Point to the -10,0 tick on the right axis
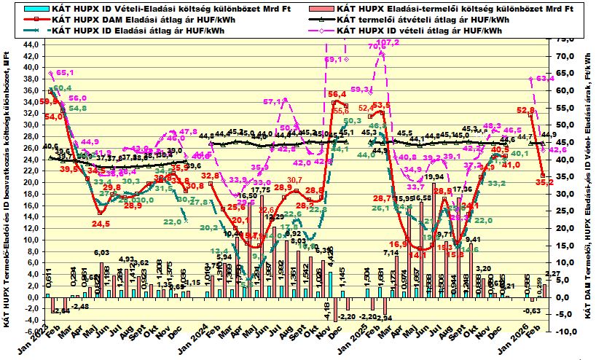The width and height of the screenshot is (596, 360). (x=563, y=332)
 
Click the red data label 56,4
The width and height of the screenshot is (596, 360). (x=337, y=94)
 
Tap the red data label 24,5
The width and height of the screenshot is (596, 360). (x=101, y=223)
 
